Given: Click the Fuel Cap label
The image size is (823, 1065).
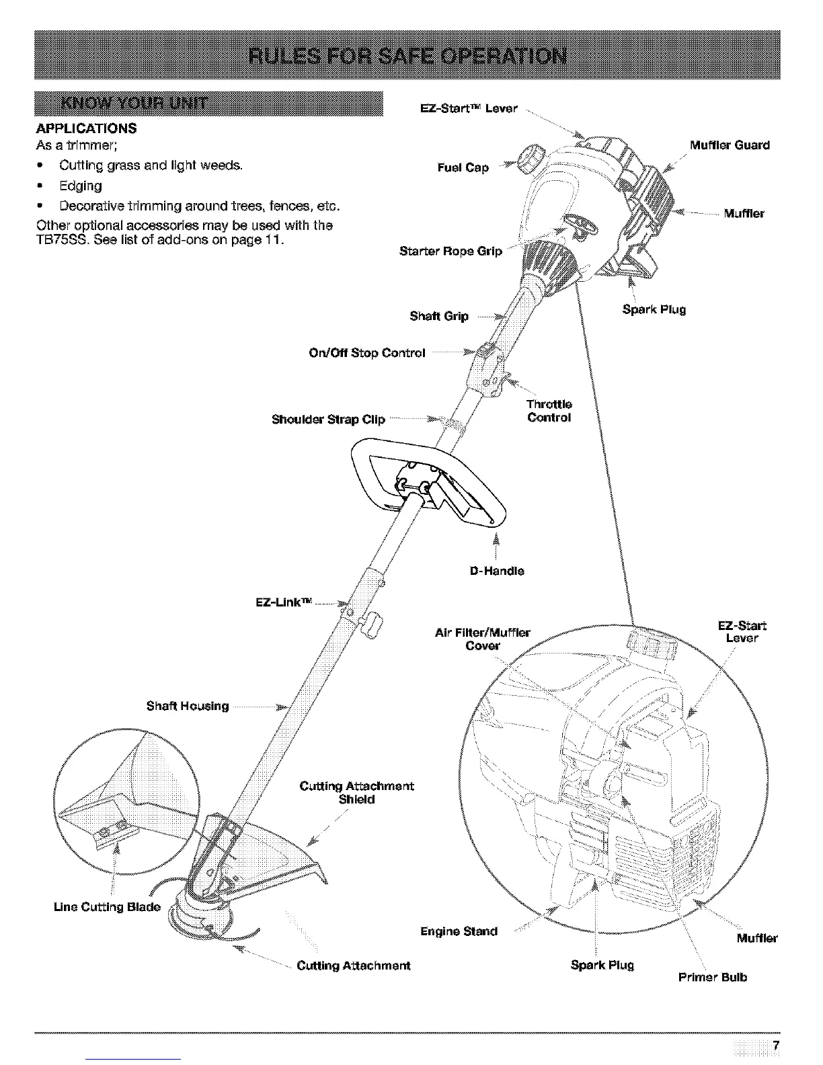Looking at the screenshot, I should pyautogui.click(x=463, y=168).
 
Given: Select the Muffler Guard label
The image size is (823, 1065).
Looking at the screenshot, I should pyautogui.click(x=730, y=145).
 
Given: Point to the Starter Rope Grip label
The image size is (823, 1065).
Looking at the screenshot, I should pyautogui.click(x=450, y=252).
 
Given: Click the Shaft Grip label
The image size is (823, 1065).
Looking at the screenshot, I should pyautogui.click(x=439, y=316).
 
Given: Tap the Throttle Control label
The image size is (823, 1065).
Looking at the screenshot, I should pyautogui.click(x=549, y=411).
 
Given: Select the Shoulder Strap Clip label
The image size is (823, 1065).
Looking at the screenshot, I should pyautogui.click(x=328, y=420).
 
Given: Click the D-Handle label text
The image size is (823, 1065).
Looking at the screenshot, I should pyautogui.click(x=497, y=571).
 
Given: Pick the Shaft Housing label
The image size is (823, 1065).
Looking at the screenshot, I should pyautogui.click(x=188, y=706).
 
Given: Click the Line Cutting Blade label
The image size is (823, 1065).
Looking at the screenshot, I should pyautogui.click(x=107, y=907).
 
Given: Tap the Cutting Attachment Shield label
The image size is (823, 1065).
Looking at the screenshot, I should pyautogui.click(x=356, y=793).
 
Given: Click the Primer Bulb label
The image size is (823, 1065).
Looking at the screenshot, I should pyautogui.click(x=713, y=977).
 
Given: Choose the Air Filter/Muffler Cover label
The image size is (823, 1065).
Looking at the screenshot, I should pyautogui.click(x=483, y=639).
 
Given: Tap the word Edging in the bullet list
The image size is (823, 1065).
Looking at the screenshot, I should pyautogui.click(x=81, y=186).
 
